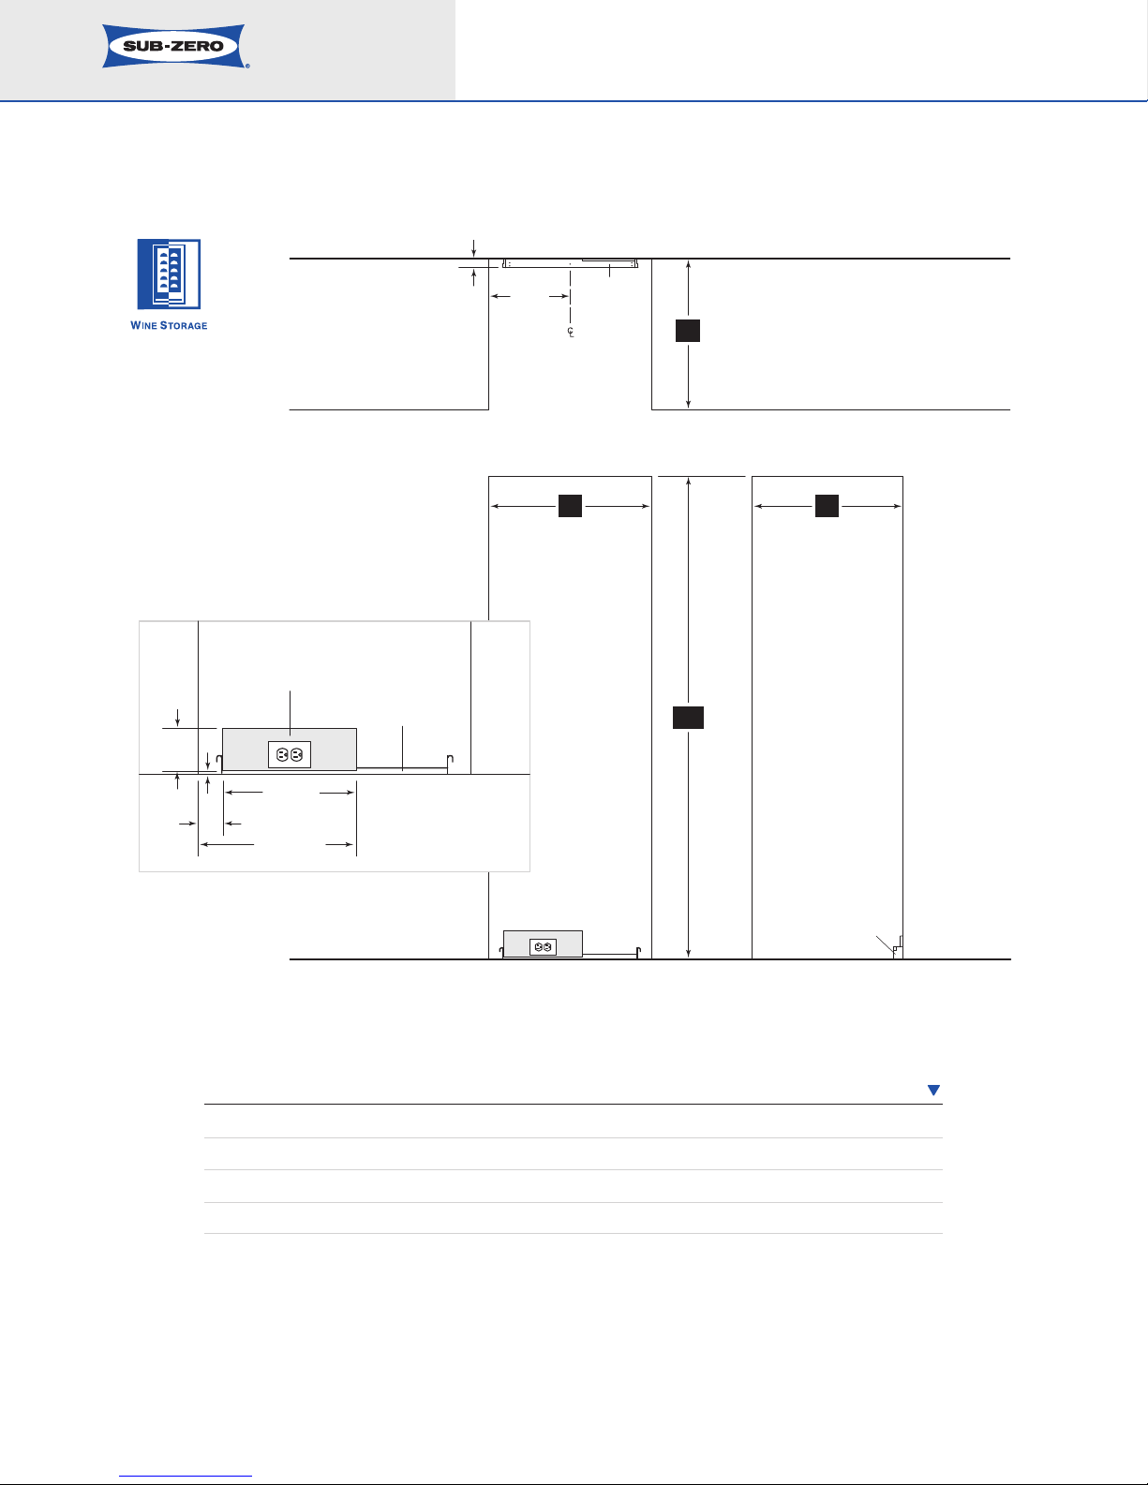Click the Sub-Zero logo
[x=174, y=46]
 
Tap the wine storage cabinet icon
[x=169, y=274]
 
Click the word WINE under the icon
[x=143, y=326]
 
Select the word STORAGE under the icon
[x=184, y=326]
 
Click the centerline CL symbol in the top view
[x=571, y=332]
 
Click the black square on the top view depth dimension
[x=688, y=330]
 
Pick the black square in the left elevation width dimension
[x=570, y=506]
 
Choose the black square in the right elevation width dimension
[x=827, y=506]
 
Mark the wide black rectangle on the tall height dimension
[x=688, y=718]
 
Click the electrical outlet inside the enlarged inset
[x=290, y=754]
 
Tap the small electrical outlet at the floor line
[x=544, y=946]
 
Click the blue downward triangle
[x=933, y=1090]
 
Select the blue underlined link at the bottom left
[x=186, y=1477]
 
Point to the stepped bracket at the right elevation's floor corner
[x=898, y=948]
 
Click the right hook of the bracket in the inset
[x=451, y=760]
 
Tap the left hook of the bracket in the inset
[x=219, y=763]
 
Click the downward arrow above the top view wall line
[x=473, y=249]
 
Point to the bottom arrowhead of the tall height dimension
[x=688, y=954]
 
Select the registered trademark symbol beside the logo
[x=247, y=67]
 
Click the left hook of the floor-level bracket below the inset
[x=501, y=953]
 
